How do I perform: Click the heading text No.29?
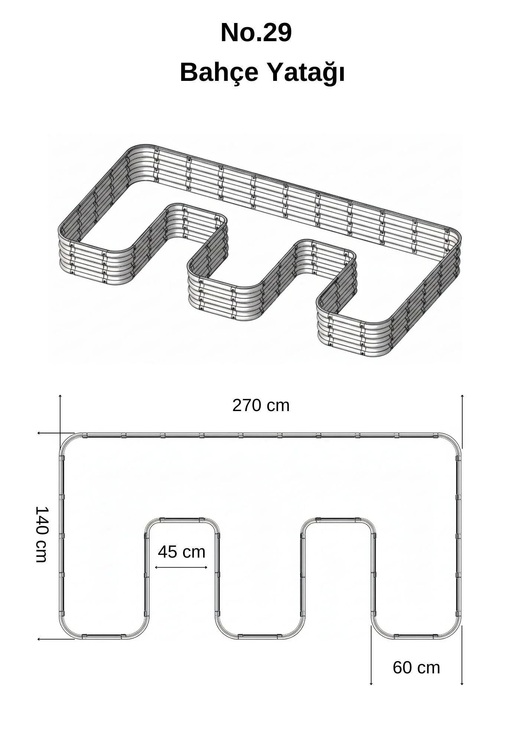tap(256, 33)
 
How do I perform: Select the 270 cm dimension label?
tap(261, 405)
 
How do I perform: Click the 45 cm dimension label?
tap(182, 552)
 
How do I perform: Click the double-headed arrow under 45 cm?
tap(181, 567)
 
